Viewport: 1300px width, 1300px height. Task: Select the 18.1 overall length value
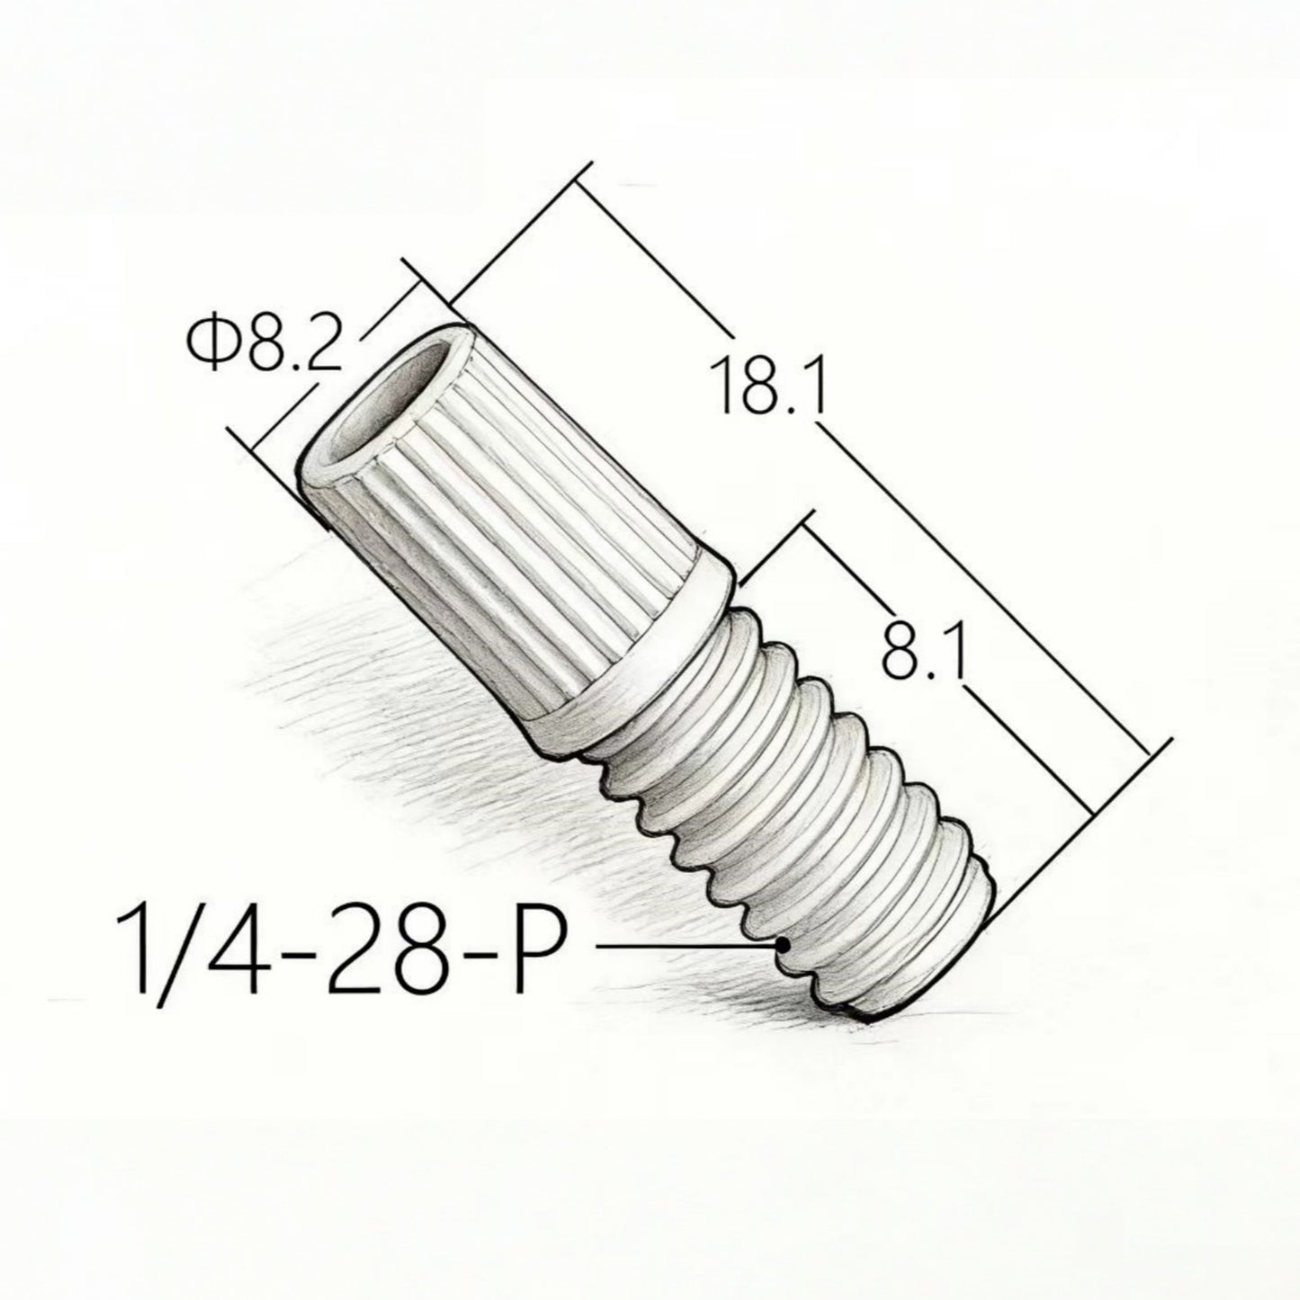pyautogui.click(x=769, y=385)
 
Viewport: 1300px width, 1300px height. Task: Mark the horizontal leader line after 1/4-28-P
pyautogui.click(x=684, y=946)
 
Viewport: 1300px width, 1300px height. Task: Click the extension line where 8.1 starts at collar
pyautogui.click(x=776, y=549)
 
